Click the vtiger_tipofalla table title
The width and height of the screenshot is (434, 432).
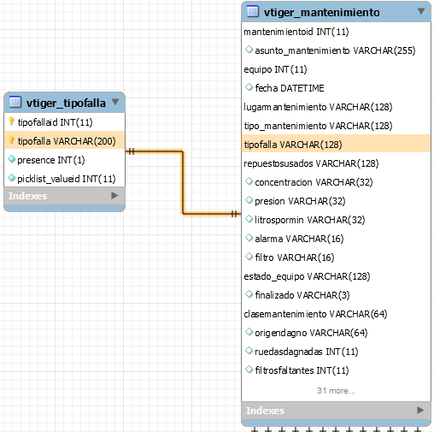[x=66, y=103]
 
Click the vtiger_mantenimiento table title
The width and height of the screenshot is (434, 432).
[x=321, y=13]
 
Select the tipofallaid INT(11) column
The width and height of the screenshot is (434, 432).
[x=55, y=122]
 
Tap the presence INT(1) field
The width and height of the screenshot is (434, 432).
[x=51, y=160]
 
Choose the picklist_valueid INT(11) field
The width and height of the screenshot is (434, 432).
[x=67, y=179]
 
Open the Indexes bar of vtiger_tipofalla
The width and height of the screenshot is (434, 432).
[x=64, y=196]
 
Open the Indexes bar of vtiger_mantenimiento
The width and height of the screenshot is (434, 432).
[x=336, y=411]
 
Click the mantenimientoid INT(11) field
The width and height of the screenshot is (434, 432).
[x=296, y=32]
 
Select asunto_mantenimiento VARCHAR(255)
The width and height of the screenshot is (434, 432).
[x=335, y=50]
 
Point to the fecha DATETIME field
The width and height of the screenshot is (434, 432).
[x=290, y=88]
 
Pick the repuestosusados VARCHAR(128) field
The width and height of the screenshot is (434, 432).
[x=311, y=163]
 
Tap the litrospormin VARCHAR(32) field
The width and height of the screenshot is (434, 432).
[x=309, y=220]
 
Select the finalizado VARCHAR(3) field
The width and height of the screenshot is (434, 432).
[x=302, y=295]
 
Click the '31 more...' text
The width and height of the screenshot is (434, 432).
[x=336, y=390]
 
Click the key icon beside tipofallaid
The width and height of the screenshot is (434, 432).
[x=11, y=121]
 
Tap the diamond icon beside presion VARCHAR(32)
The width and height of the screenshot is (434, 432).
[x=249, y=200]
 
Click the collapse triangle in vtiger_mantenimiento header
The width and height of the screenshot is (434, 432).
[x=421, y=11]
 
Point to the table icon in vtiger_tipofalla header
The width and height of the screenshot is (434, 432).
[x=15, y=102]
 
